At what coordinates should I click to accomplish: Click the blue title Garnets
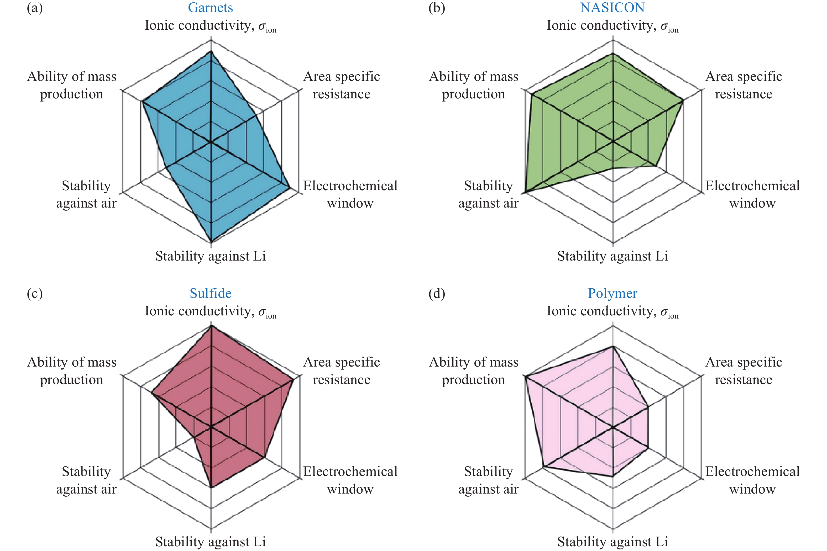pyautogui.click(x=210, y=8)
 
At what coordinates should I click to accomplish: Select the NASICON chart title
pyautogui.click(x=612, y=8)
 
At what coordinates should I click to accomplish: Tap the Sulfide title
pyautogui.click(x=211, y=293)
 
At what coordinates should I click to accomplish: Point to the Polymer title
pyautogui.click(x=613, y=293)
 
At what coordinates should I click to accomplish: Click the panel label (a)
pyautogui.click(x=34, y=8)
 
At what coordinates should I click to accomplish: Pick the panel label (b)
pyautogui.click(x=437, y=8)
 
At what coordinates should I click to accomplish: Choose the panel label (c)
pyautogui.click(x=34, y=293)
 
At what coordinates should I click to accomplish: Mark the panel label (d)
pyautogui.click(x=437, y=293)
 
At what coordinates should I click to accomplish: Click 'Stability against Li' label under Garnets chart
pyautogui.click(x=210, y=256)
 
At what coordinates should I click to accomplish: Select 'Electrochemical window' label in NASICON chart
pyautogui.click(x=752, y=194)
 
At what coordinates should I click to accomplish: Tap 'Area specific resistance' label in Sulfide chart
pyautogui.click(x=341, y=371)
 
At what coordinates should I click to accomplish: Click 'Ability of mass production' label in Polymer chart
pyautogui.click(x=474, y=371)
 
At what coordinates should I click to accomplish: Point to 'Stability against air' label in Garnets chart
pyautogui.click(x=86, y=194)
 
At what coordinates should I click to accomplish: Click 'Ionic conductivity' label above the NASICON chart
pyautogui.click(x=612, y=26)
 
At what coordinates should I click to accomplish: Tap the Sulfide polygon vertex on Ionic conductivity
pyautogui.click(x=211, y=326)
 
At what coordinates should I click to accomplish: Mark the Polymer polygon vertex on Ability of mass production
pyautogui.click(x=525, y=377)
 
